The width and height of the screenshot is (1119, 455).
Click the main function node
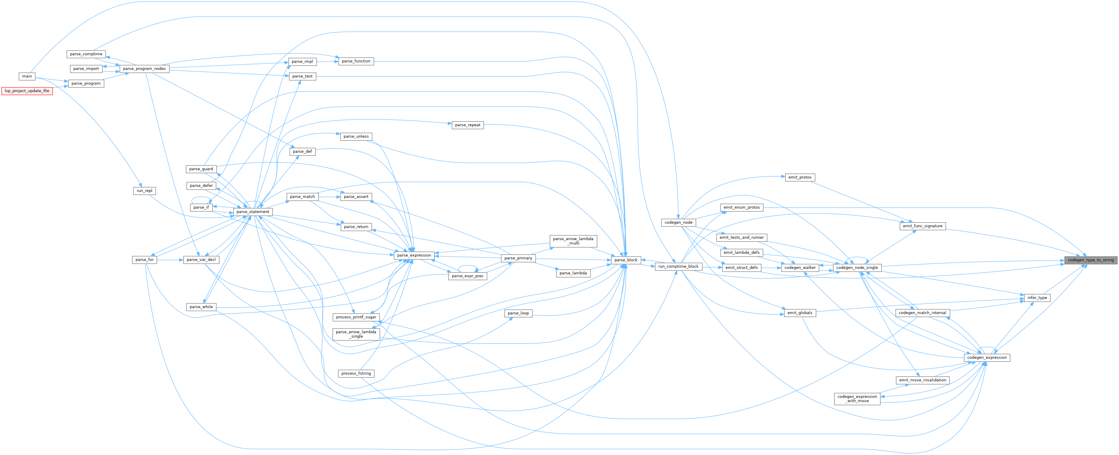[x=27, y=76]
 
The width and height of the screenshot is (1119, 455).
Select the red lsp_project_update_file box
[x=27, y=91]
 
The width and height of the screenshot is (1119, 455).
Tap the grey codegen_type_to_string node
[x=1090, y=260]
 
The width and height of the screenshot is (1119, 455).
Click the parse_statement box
[x=253, y=212]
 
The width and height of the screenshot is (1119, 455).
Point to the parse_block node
[x=626, y=260]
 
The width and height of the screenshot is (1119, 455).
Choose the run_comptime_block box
[x=678, y=267]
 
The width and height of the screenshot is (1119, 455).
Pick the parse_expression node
[x=414, y=255]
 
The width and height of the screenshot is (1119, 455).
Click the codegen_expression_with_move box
[x=857, y=399]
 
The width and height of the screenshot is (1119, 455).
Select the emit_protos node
[x=800, y=177]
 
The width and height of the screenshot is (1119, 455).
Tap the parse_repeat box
[x=467, y=125]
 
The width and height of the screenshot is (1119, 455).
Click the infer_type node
[x=1037, y=298]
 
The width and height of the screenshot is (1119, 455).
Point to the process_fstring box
[x=356, y=374]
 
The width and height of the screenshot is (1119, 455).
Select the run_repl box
[x=144, y=191]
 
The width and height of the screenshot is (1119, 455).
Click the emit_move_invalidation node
[x=923, y=380]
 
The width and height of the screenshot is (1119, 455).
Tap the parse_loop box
[x=518, y=313]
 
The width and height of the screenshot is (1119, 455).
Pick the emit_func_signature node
[x=923, y=226]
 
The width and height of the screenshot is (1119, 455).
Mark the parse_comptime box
[x=86, y=54]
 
